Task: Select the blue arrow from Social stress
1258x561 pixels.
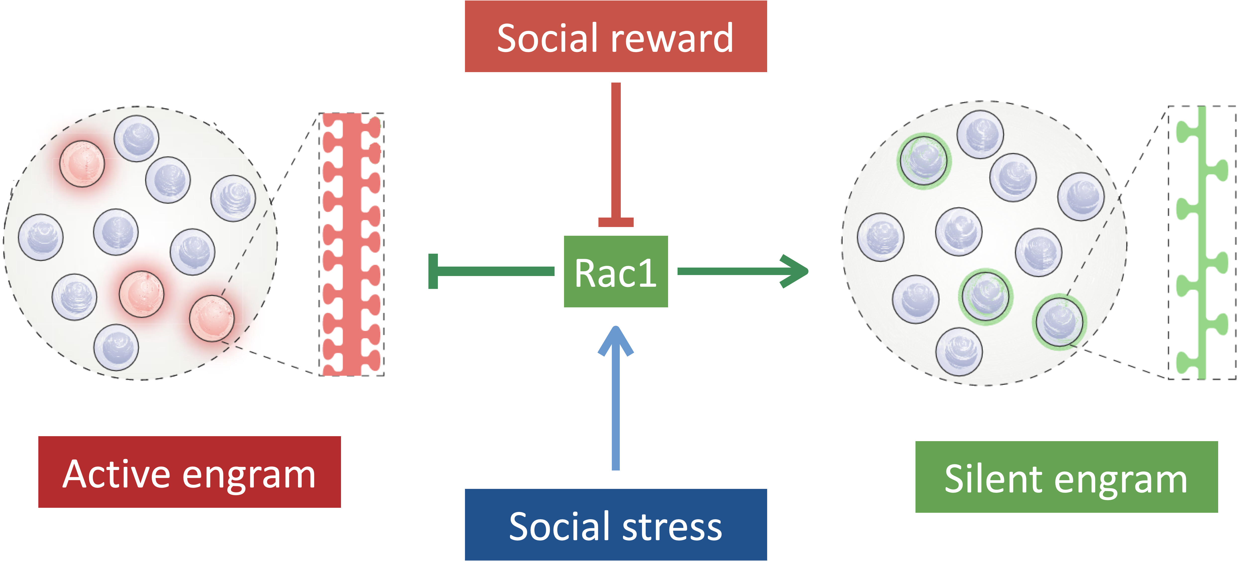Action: click(x=616, y=400)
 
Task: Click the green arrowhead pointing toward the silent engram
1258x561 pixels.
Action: click(x=794, y=271)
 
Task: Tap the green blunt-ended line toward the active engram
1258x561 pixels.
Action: click(x=488, y=271)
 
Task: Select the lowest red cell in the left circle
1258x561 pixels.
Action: click(x=212, y=318)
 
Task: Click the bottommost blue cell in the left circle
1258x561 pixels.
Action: click(x=116, y=347)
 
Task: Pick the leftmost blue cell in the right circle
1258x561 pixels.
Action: click(x=880, y=237)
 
